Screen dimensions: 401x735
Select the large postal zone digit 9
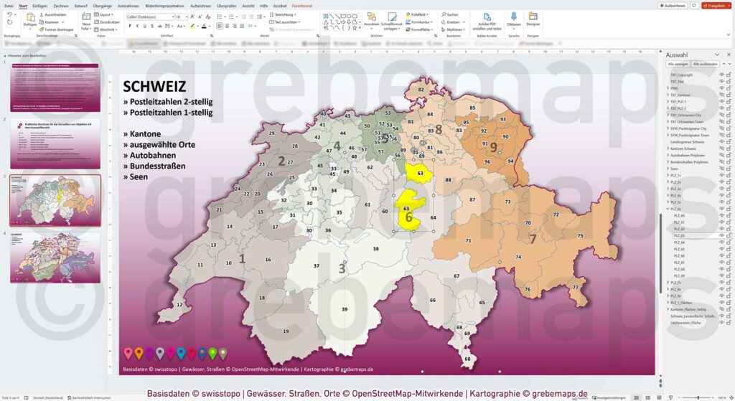pyautogui.click(x=493, y=146)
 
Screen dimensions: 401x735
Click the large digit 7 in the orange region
pyautogui.click(x=533, y=239)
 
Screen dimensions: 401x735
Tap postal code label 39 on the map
pyautogui.click(x=345, y=309)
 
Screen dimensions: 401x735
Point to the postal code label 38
pyautogui.click(x=375, y=249)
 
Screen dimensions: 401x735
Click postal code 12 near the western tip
pyautogui.click(x=179, y=305)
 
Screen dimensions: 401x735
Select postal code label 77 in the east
pyautogui.click(x=575, y=287)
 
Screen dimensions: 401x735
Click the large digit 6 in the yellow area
pyautogui.click(x=408, y=217)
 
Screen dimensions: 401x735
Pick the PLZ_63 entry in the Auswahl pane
pyautogui.click(x=679, y=235)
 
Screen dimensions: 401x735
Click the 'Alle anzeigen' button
pyautogui.click(x=678, y=64)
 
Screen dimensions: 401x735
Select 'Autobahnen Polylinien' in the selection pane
pyautogui.click(x=688, y=155)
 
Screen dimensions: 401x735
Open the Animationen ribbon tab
pyautogui.click(x=128, y=5)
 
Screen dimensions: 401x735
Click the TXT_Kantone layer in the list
pyautogui.click(x=680, y=95)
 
